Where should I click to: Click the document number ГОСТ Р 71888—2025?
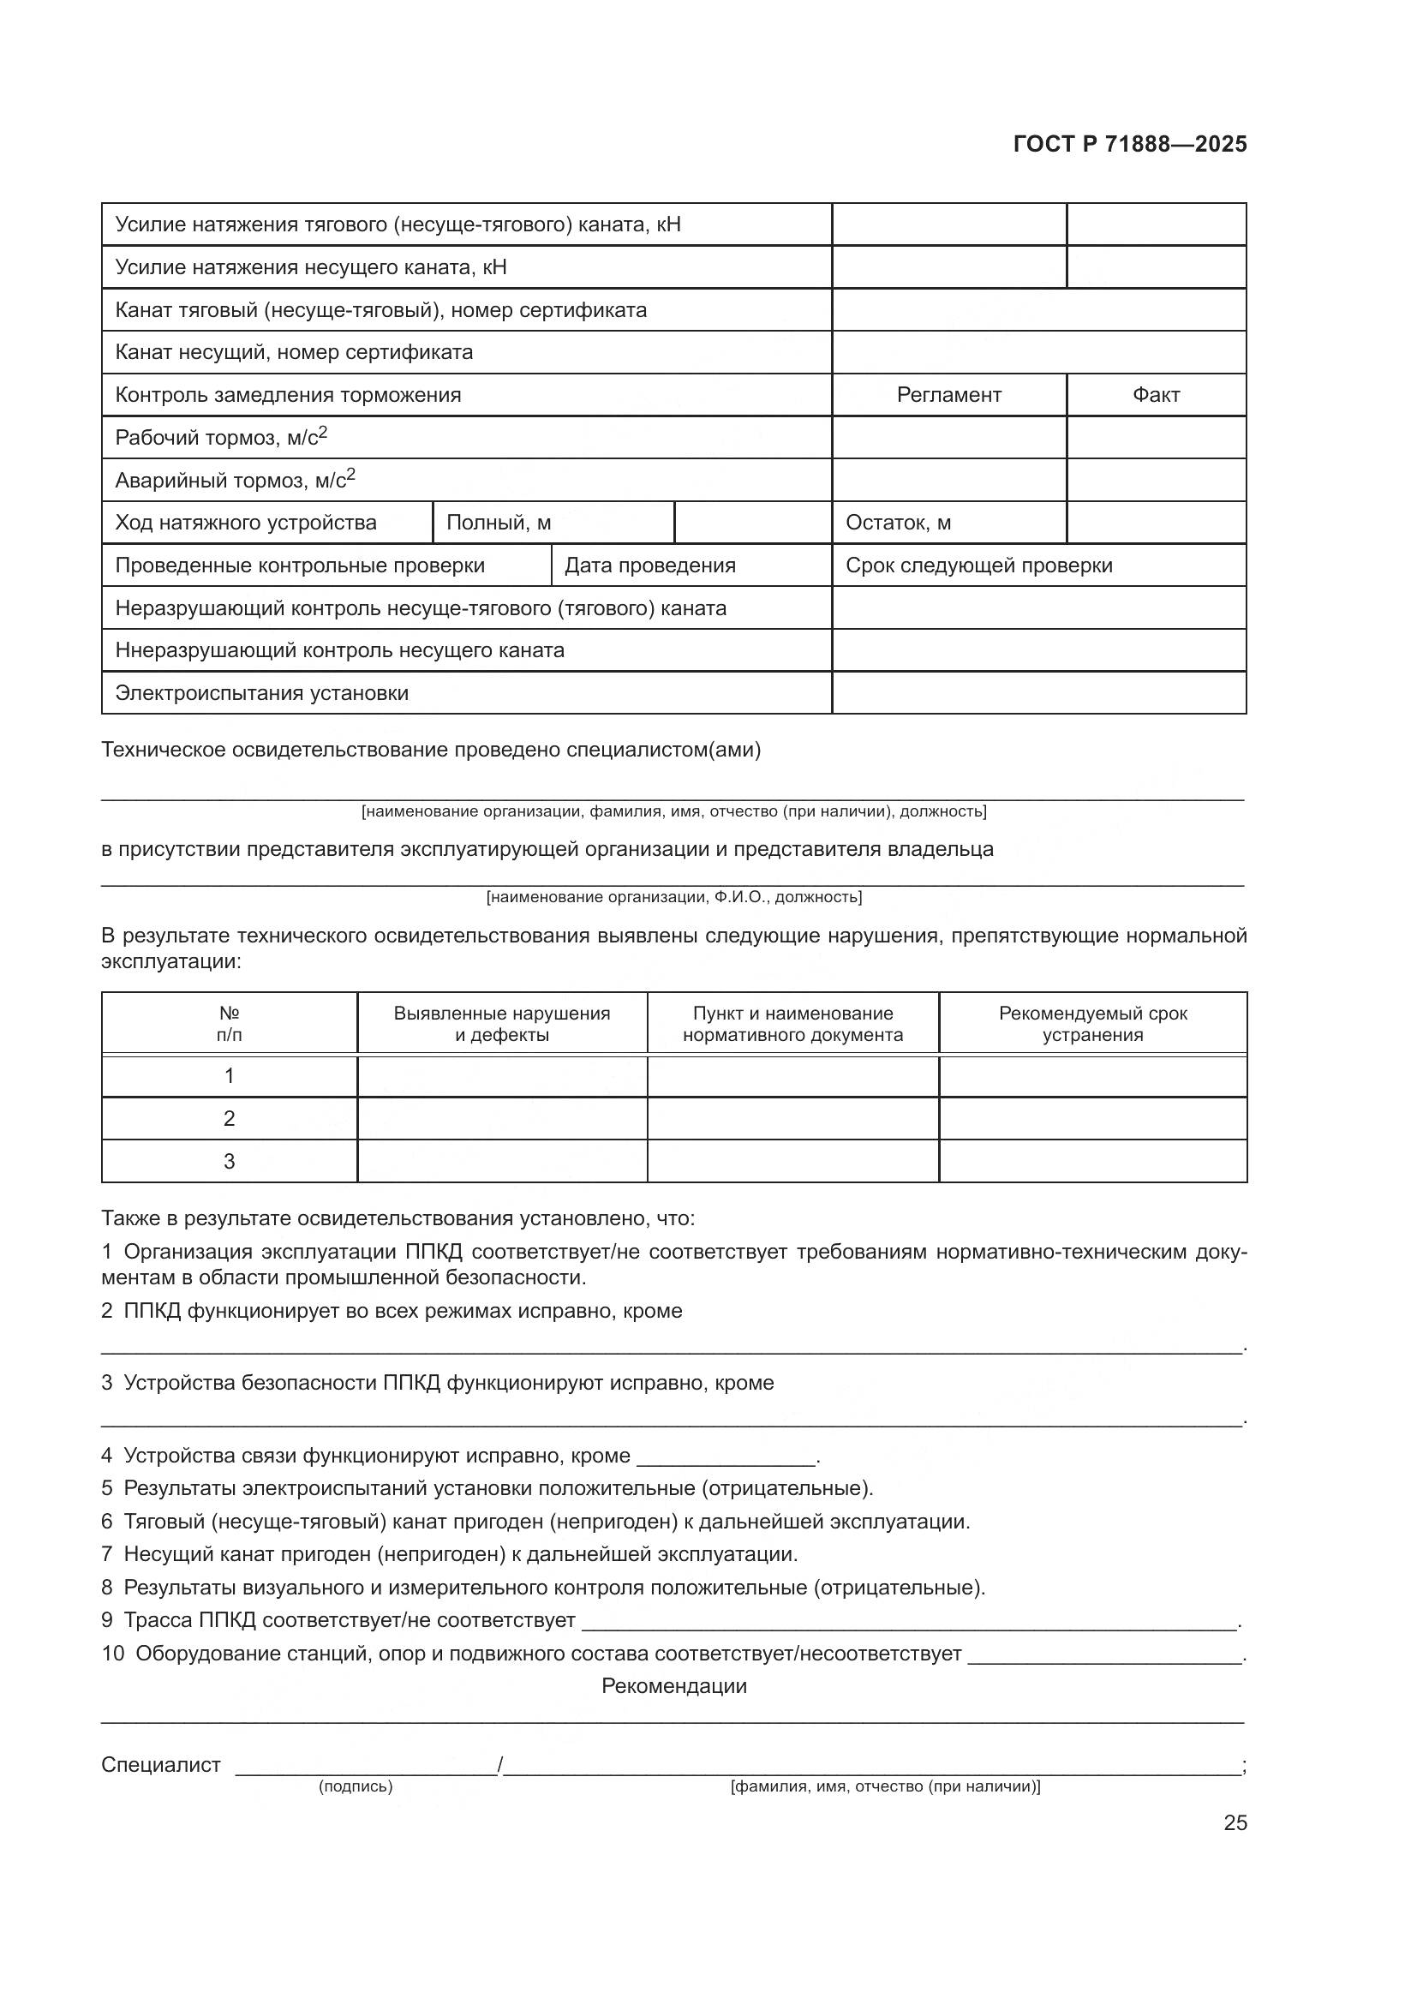[1130, 145]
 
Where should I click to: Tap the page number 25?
[1235, 1823]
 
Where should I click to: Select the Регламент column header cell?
[948, 395]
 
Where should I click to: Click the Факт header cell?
[1156, 395]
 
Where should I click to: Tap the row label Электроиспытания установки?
[262, 693]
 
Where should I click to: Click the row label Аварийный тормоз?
[235, 480]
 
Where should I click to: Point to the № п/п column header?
[230, 1024]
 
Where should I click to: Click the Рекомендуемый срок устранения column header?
[1092, 1024]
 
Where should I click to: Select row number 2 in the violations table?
[230, 1118]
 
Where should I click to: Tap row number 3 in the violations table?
[230, 1161]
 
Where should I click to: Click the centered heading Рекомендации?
[673, 1685]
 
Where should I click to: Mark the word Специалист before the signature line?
[161, 1764]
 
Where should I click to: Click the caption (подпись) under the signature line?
[356, 1786]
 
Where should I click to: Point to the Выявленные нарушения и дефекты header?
[502, 1024]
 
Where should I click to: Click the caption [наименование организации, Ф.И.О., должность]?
[673, 896]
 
